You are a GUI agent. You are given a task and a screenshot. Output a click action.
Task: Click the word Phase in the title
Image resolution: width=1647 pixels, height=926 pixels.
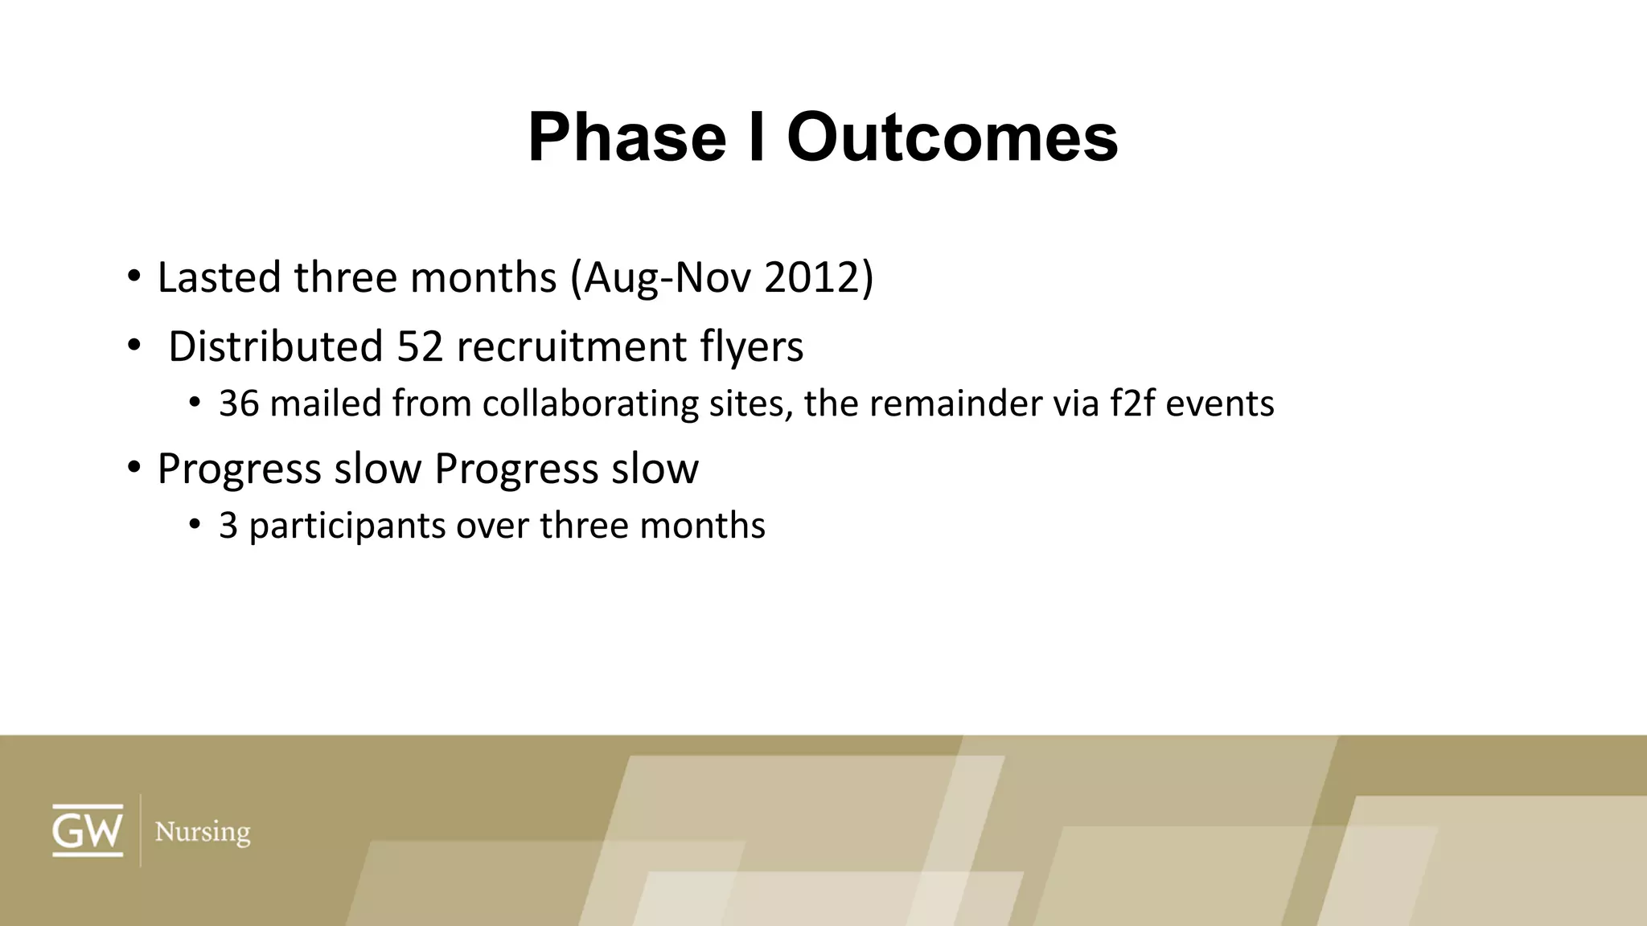(626, 137)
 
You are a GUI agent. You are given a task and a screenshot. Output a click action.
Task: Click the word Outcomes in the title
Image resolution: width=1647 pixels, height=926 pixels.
(952, 137)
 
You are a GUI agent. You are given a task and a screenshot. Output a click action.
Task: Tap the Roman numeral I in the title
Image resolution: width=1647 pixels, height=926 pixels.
(756, 137)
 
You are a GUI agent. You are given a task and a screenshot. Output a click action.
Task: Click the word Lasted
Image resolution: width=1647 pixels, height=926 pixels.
(220, 277)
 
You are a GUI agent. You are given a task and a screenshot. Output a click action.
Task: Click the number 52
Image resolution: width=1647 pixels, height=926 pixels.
(420, 346)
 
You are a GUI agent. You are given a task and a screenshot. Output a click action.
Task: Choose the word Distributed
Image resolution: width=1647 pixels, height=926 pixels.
(275, 346)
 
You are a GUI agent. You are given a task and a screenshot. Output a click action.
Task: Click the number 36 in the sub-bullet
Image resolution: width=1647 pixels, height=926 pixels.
(239, 404)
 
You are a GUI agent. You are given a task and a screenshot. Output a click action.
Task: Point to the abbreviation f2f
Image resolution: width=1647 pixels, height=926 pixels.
(1132, 404)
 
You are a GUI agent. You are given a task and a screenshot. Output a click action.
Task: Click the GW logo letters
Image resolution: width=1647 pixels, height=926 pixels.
(88, 830)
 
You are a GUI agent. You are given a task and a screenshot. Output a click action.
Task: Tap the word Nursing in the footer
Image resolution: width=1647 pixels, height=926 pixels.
(202, 832)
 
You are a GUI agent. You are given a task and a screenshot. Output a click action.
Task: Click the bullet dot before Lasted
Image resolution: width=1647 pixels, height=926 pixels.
(133, 277)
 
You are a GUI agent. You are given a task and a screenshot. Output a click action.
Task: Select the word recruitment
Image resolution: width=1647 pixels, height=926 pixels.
(571, 346)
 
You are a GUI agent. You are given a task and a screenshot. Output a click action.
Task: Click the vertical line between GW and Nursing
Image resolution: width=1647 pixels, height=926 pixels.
(141, 830)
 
